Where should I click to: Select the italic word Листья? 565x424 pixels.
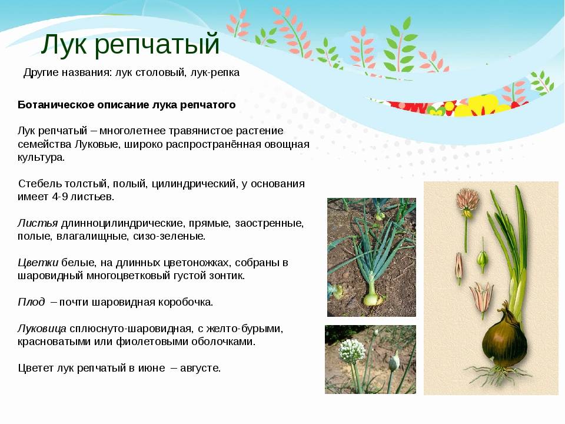coord(38,224)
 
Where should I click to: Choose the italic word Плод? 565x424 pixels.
coord(31,302)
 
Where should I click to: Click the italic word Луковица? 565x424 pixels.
coord(42,329)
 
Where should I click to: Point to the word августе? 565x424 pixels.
coord(200,368)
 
